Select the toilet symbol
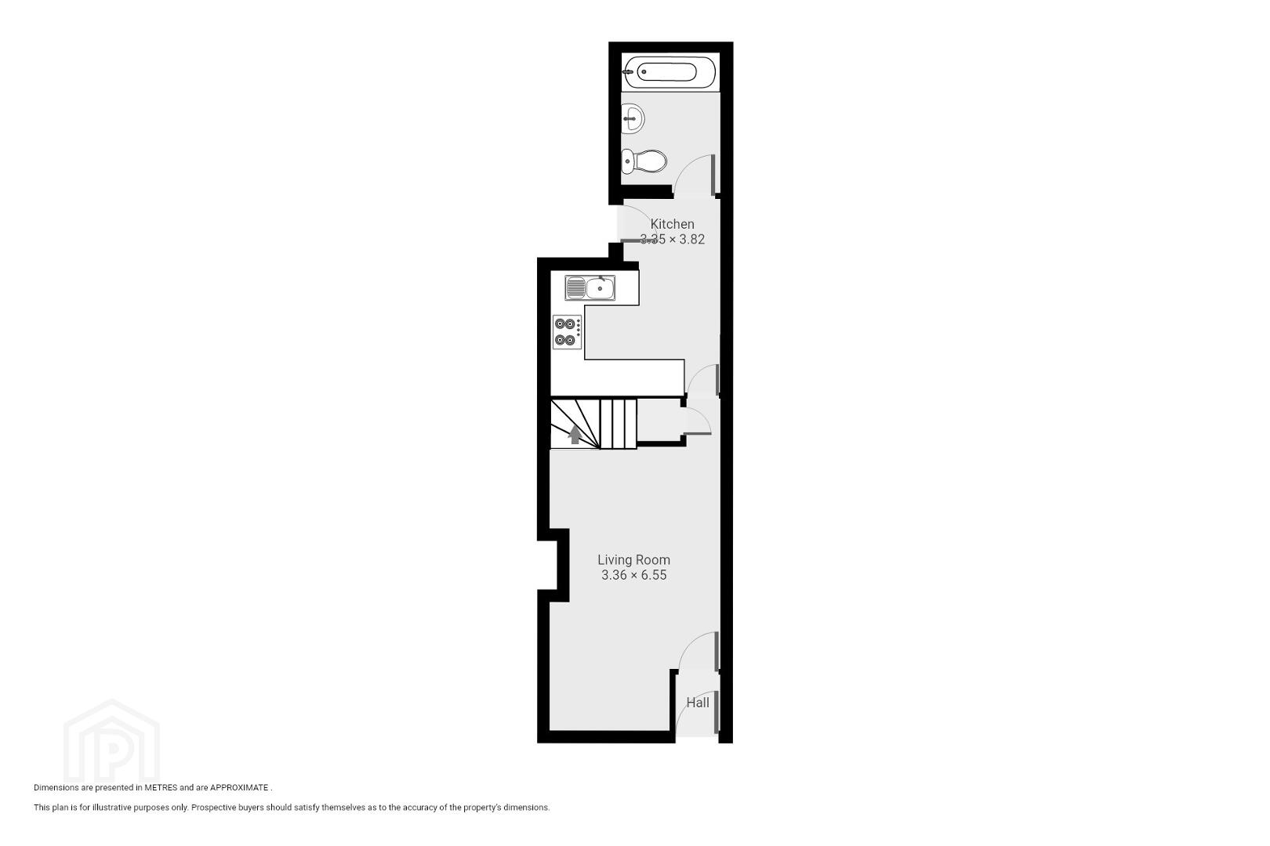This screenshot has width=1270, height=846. click(x=644, y=161)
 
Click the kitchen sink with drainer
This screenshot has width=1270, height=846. click(x=590, y=287)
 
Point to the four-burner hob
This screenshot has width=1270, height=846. click(x=568, y=332)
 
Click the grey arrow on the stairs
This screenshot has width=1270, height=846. click(x=575, y=435)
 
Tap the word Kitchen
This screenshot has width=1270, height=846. click(x=673, y=224)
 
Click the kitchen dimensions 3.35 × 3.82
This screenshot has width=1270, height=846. click(x=673, y=239)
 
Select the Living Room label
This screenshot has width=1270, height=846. click(x=634, y=560)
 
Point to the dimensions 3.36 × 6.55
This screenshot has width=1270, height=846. click(x=634, y=575)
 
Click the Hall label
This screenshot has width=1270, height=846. click(x=698, y=703)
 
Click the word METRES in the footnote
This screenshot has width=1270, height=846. click(x=161, y=787)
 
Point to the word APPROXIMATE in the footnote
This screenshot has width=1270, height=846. click(x=239, y=787)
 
